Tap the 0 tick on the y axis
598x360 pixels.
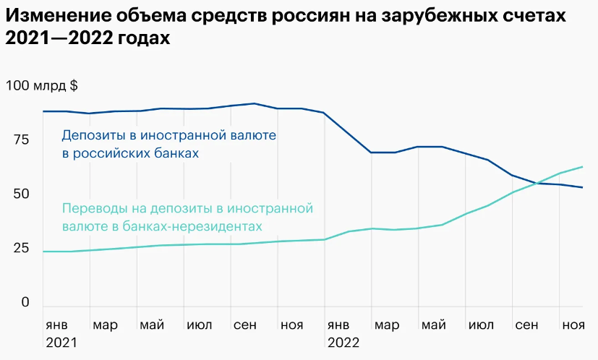tap(25, 302)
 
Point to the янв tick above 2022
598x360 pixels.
tap(340, 323)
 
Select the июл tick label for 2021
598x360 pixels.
tap(199, 323)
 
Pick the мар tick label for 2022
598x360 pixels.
tap(387, 323)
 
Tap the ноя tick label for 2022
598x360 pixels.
tap(573, 323)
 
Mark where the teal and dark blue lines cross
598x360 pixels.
tap(538, 183)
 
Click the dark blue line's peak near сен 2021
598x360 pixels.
tap(255, 103)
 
